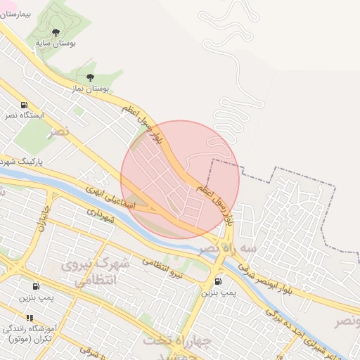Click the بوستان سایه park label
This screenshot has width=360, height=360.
56,44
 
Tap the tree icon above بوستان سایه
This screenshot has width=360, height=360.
56,32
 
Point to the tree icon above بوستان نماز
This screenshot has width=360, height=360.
89,77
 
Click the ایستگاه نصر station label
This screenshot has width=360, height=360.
25,115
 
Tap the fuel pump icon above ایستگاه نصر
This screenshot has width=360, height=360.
25,103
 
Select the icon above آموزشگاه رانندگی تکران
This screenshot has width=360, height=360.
30,318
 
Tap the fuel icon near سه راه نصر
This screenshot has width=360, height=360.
219,282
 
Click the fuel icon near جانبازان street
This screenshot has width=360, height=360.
35,286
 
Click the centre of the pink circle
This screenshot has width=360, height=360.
180,179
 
